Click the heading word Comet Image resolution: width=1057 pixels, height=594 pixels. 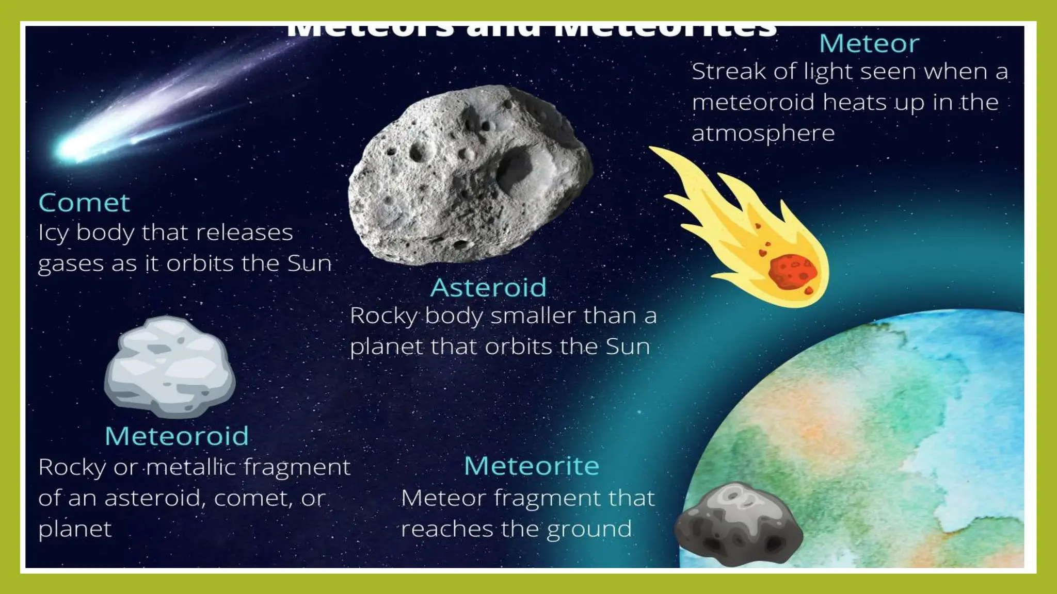point(84,203)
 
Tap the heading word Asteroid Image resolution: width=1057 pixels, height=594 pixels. point(488,287)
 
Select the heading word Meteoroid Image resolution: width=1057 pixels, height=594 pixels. point(177,436)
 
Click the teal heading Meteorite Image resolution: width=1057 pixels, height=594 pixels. point(531,466)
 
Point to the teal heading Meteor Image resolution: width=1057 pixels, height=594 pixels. point(869,43)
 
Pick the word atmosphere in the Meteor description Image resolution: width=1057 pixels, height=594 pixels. point(763,134)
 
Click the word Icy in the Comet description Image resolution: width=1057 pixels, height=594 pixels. point(53,233)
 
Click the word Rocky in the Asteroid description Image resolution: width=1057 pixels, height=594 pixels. point(383,316)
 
